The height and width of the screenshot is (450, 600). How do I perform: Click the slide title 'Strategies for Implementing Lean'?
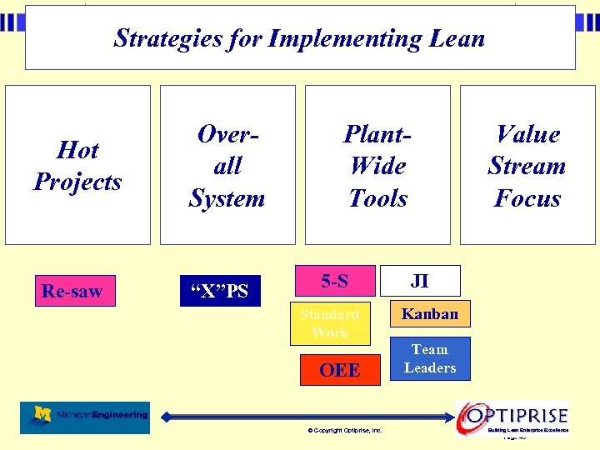(299, 38)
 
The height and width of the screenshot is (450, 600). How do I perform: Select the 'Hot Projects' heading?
(77, 166)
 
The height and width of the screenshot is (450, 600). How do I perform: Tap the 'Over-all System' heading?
(227, 166)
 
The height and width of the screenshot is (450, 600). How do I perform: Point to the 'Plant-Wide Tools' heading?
(377, 166)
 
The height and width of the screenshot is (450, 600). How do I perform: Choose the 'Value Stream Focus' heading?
(527, 166)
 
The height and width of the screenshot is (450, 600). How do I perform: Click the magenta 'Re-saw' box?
(74, 292)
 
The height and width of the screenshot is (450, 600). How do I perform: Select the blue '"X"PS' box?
(220, 292)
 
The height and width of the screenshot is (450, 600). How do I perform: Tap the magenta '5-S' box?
(334, 282)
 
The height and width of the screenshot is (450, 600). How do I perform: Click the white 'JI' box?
(420, 281)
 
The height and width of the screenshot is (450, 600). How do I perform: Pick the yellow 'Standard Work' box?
(329, 323)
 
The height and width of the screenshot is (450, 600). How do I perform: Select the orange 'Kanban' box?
(430, 314)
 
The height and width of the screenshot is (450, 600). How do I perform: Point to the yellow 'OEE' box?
(339, 370)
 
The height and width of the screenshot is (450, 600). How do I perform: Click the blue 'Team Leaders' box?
(430, 358)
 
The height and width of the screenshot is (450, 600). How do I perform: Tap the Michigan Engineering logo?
(85, 417)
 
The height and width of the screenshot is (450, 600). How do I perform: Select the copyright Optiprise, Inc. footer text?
(345, 431)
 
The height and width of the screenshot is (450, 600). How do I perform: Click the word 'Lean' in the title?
(454, 38)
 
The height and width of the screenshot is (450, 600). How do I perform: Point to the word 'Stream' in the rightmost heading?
(527, 166)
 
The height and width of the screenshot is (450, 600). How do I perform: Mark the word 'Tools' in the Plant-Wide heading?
(377, 198)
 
